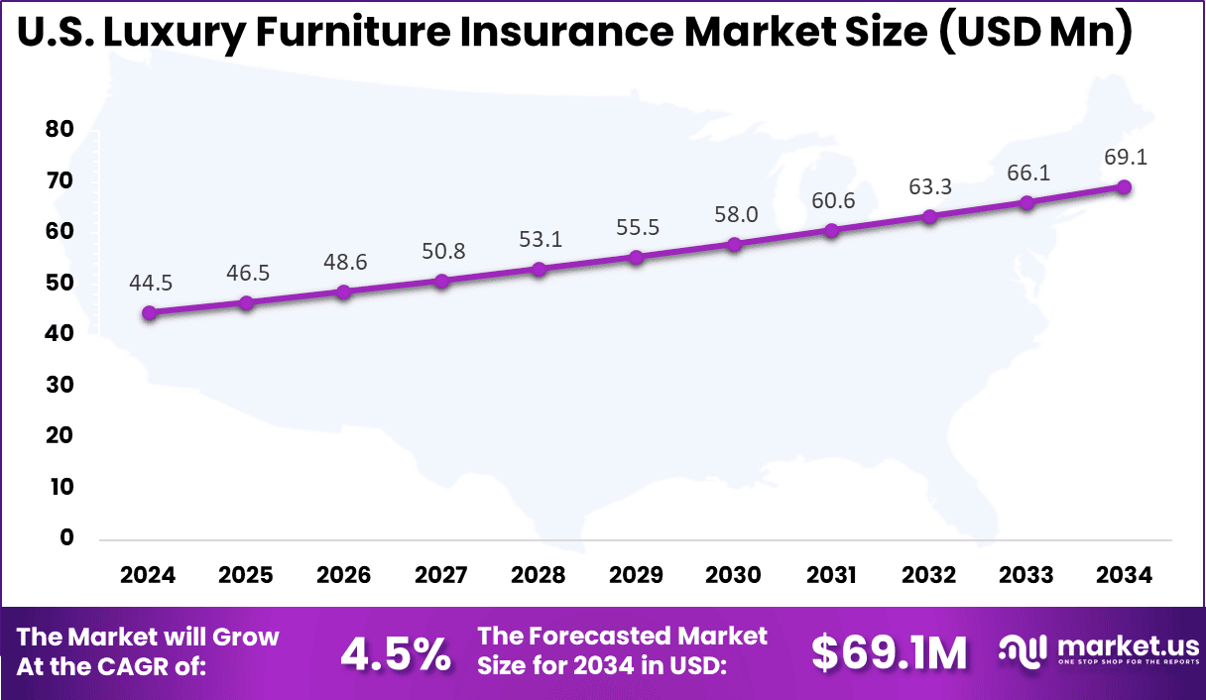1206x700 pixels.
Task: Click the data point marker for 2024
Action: click(149, 313)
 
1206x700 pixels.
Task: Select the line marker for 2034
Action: click(1124, 187)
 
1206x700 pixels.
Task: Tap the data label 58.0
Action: click(734, 214)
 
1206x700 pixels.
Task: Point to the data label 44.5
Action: click(150, 284)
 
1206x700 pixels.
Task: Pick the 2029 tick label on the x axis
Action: click(637, 576)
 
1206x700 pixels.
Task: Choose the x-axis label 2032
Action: click(929, 576)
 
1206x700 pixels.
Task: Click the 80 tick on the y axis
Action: click(60, 130)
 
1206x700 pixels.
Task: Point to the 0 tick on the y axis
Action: click(66, 538)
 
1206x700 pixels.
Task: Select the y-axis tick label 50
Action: click(60, 283)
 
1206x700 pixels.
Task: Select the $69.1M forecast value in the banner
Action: click(889, 652)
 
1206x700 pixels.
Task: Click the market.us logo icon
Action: click(1023, 651)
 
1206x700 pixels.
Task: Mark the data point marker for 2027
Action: click(442, 282)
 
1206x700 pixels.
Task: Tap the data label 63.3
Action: click(929, 186)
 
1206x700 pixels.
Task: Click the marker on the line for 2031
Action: click(831, 231)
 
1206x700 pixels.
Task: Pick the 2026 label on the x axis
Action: click(344, 576)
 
